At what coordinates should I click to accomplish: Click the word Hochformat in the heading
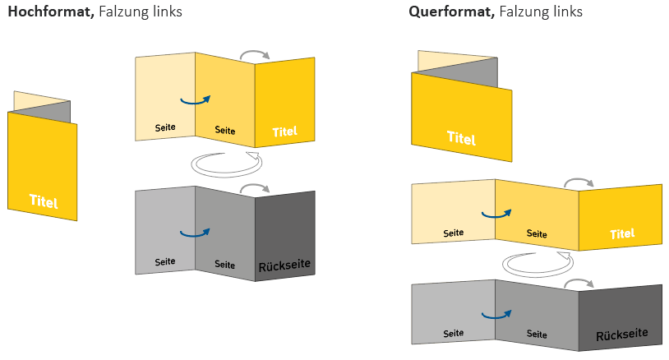pos(48,12)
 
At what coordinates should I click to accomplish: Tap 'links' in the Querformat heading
pos(566,12)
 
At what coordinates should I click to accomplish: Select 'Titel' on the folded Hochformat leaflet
pos(44,201)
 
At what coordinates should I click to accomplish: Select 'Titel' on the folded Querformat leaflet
pos(461,138)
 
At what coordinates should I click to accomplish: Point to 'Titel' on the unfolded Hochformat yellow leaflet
pos(284,131)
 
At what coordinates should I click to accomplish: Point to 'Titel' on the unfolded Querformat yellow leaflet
pos(623,234)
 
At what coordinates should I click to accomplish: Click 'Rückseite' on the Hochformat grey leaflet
pos(284,266)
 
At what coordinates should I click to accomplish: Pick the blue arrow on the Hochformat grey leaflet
pos(195,233)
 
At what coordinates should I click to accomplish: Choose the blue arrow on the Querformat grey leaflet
pos(496,314)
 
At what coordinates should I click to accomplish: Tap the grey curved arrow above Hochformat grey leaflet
pos(255,189)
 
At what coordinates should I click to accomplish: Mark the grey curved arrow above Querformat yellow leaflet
pos(579,182)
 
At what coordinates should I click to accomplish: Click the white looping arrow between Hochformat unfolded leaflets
pos(224,163)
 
